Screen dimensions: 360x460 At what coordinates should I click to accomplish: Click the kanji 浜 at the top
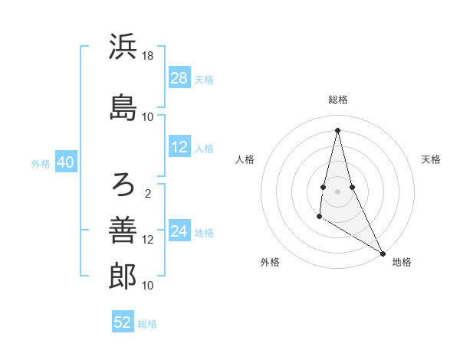coord(123,47)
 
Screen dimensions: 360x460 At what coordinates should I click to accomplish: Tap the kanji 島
coord(123,106)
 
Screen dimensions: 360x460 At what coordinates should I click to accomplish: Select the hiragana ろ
coord(123,183)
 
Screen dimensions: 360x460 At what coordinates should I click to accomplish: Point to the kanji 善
coord(123,229)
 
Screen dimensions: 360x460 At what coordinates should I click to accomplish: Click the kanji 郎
coord(123,276)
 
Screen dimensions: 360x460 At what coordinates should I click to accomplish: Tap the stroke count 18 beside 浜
coord(148,56)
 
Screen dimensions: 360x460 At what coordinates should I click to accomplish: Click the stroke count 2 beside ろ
coord(148,193)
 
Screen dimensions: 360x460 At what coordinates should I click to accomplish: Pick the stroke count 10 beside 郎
coord(148,286)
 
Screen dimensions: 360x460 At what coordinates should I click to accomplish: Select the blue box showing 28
coord(179,78)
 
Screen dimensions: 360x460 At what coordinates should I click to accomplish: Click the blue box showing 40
coord(65,163)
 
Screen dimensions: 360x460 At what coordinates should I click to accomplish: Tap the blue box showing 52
coord(123,322)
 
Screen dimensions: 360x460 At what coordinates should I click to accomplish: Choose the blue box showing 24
coord(179,231)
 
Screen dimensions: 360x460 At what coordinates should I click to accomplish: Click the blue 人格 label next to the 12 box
coord(204,148)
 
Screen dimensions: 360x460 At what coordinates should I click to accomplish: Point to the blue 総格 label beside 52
coord(147,323)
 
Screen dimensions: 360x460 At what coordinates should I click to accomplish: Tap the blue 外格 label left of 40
coord(41,164)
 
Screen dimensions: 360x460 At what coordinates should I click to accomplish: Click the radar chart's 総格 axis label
coord(337,100)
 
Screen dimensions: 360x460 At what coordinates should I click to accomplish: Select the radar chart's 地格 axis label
coord(402,262)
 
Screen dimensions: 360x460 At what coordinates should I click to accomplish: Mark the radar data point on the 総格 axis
coord(337,130)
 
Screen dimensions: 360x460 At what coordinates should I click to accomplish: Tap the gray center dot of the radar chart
coord(337,191)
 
